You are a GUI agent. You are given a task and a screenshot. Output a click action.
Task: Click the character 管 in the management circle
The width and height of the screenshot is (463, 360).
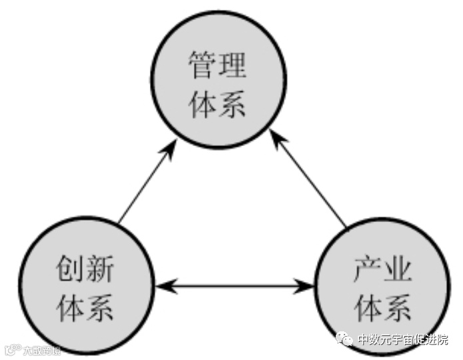tap(203, 67)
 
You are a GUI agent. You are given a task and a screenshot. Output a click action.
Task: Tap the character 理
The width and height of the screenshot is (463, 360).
tap(232, 67)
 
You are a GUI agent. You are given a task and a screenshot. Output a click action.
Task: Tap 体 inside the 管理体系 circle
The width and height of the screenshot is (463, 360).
tap(203, 104)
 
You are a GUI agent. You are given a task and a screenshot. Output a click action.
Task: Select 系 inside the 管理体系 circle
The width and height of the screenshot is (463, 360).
tap(232, 104)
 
